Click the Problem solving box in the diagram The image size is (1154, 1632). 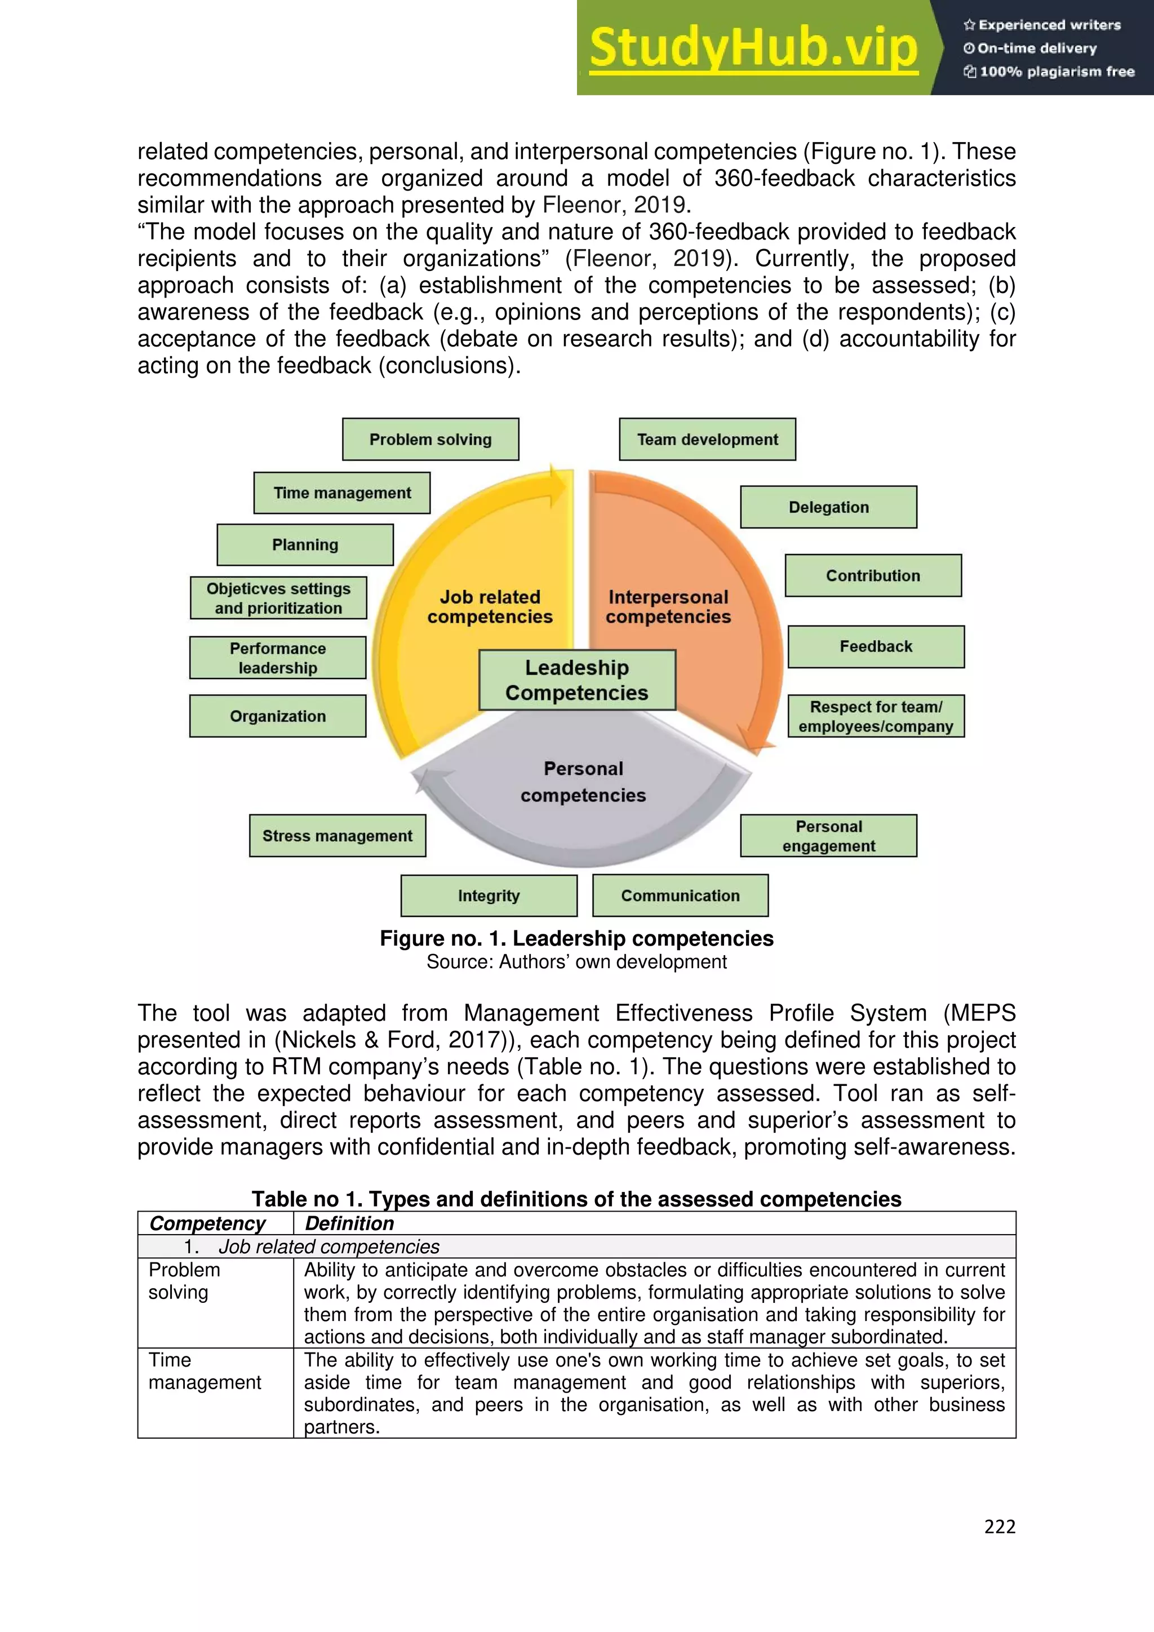coord(430,439)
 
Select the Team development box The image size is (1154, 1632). coord(707,439)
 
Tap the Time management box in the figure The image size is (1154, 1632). coord(342,493)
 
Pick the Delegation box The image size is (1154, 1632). coord(828,507)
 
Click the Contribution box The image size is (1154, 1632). coord(873,576)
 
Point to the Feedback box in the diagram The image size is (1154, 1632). coord(876,647)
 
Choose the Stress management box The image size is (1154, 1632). coord(338,836)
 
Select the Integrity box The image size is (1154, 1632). coord(489,895)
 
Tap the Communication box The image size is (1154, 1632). coord(680,895)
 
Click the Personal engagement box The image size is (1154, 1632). coord(828,836)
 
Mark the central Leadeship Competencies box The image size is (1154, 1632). coord(577,680)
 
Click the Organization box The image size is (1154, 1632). coord(278,716)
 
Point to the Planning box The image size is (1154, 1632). coord(305,544)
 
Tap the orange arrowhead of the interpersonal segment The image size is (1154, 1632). coord(753,739)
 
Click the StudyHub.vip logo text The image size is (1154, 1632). coord(753,48)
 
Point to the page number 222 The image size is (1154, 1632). coord(999,1527)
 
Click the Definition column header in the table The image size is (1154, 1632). coord(349,1223)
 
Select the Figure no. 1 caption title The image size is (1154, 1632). coord(576,938)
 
